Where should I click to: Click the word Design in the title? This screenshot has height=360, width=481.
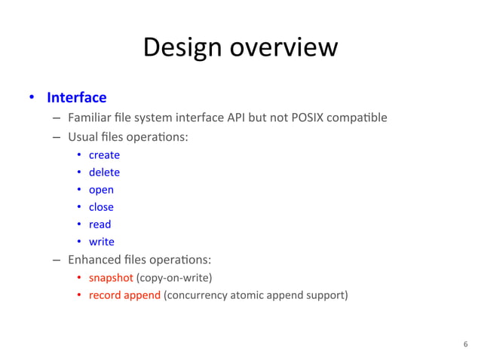pos(182,47)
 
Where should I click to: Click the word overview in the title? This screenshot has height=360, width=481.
pos(283,47)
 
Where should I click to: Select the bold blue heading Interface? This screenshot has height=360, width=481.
pos(76,98)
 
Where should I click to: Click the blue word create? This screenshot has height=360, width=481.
pos(104,155)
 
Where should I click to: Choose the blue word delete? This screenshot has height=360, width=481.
pos(104,172)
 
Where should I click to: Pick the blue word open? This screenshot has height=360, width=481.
pos(101,190)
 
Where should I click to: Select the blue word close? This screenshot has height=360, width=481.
pos(101,207)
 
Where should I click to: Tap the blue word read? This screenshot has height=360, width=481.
pos(100,224)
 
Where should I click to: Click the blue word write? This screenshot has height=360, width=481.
pos(101,242)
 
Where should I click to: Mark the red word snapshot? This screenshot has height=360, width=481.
pos(110,277)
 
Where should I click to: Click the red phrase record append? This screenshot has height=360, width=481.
pos(124,294)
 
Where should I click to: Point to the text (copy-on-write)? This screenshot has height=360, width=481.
pos(173,277)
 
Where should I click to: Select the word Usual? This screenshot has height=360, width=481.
pos(81,138)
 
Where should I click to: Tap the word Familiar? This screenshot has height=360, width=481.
pos(88,117)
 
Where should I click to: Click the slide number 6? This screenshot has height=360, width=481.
pos(465,344)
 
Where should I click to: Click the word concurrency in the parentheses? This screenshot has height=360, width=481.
pos(199,294)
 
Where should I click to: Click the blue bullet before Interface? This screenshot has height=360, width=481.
pos(32,98)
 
